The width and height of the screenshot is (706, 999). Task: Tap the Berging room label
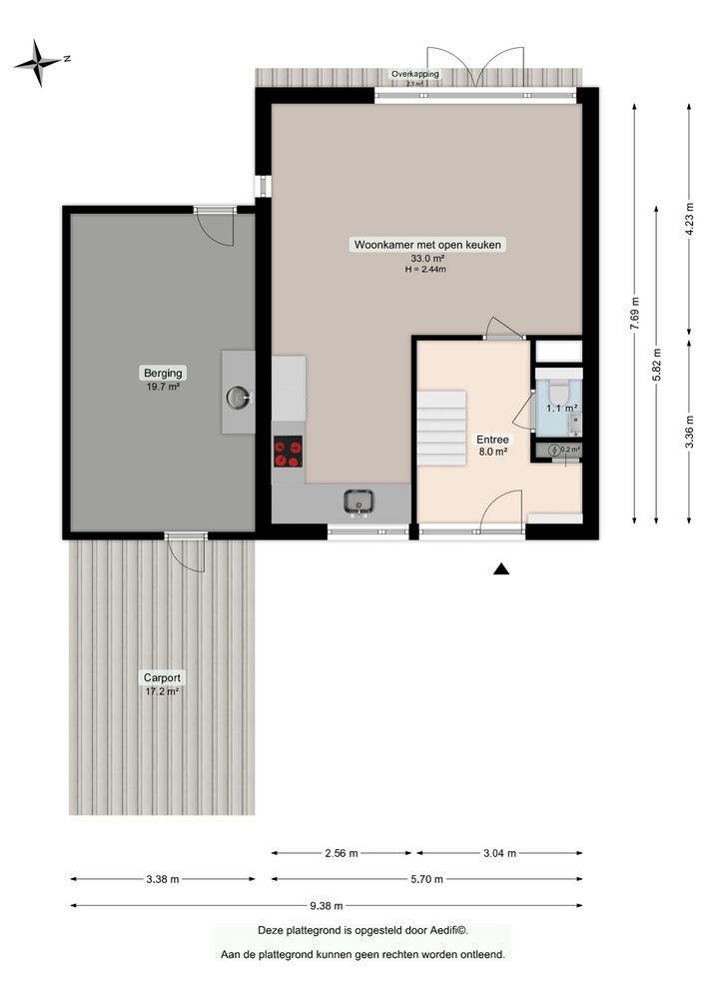coord(161,374)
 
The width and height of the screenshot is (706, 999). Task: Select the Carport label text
coord(161,677)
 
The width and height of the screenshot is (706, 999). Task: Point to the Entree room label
coord(492,438)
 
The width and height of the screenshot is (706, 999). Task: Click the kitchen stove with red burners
coord(289,454)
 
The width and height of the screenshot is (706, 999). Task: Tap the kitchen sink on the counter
coord(358,500)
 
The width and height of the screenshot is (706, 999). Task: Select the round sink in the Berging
coord(239,398)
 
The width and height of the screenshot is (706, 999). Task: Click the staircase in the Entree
coord(441,425)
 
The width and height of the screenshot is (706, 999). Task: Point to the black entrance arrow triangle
coord(501,569)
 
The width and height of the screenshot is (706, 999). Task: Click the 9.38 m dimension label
coord(327,906)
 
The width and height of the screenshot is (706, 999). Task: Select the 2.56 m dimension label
coord(342,853)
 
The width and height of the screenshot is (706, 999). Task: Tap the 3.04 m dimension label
coord(499,853)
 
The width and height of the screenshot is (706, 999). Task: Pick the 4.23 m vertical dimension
coord(690,220)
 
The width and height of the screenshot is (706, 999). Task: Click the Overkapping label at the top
coord(415,74)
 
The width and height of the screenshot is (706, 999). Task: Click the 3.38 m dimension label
coord(162,879)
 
